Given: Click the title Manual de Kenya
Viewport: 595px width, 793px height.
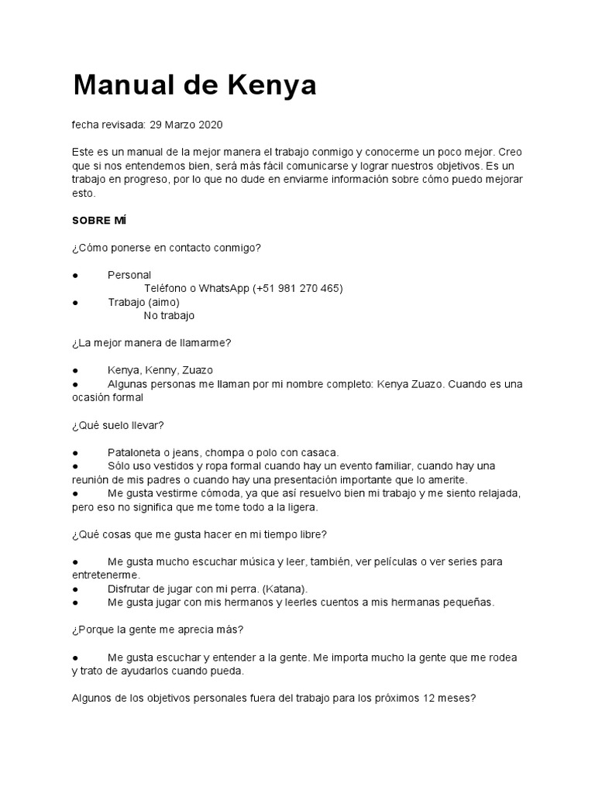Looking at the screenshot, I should [x=194, y=86].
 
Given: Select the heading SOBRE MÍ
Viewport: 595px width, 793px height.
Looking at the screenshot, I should [x=99, y=221].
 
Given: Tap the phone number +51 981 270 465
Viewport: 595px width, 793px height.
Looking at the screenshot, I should [x=297, y=288].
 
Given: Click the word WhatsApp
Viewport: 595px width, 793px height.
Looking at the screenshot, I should [x=224, y=288].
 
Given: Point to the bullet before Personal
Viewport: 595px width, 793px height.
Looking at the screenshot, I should [x=75, y=275].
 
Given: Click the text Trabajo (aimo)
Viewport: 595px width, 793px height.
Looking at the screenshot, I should [x=143, y=302].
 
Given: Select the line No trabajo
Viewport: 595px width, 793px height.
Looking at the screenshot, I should [x=169, y=315].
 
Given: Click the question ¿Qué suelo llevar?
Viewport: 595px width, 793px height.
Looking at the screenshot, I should [x=118, y=425].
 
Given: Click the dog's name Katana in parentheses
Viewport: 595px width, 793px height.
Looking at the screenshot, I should [x=285, y=589].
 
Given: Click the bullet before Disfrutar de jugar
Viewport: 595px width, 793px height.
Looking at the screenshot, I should [x=75, y=589].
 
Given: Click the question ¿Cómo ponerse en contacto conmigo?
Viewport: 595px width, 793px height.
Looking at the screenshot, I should [x=167, y=248].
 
